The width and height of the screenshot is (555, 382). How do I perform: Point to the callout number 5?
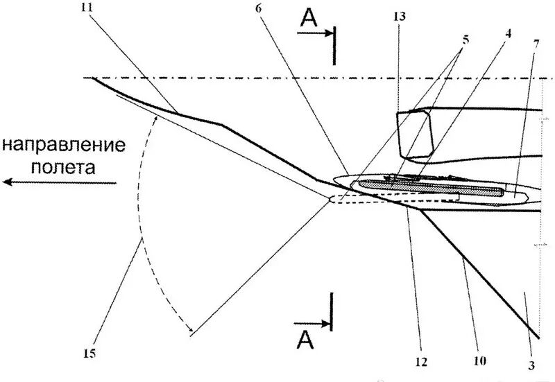pyautogui.click(x=464, y=40)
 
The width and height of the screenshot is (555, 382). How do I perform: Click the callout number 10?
pyautogui.click(x=481, y=361)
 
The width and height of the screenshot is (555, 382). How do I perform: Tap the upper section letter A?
pyautogui.click(x=310, y=20)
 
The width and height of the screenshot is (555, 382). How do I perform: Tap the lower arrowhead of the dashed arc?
pyautogui.click(x=189, y=331)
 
